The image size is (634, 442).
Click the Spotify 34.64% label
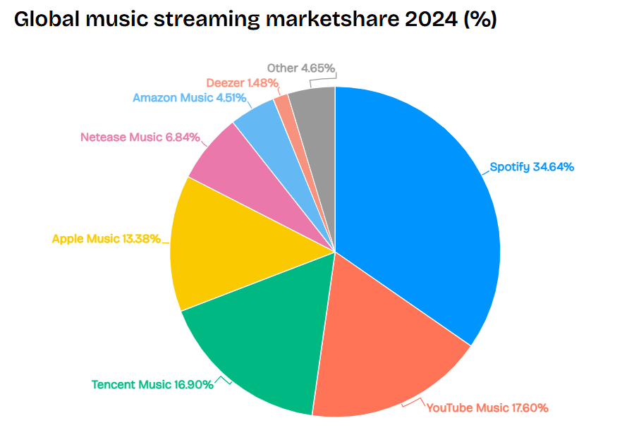[x=532, y=168]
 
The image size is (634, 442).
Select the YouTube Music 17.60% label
[x=487, y=407]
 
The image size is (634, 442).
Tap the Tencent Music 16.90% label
[x=152, y=384]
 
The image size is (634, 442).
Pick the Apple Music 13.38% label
[x=106, y=239]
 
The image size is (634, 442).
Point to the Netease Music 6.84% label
[x=140, y=137]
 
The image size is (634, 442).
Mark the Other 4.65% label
[x=300, y=68]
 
